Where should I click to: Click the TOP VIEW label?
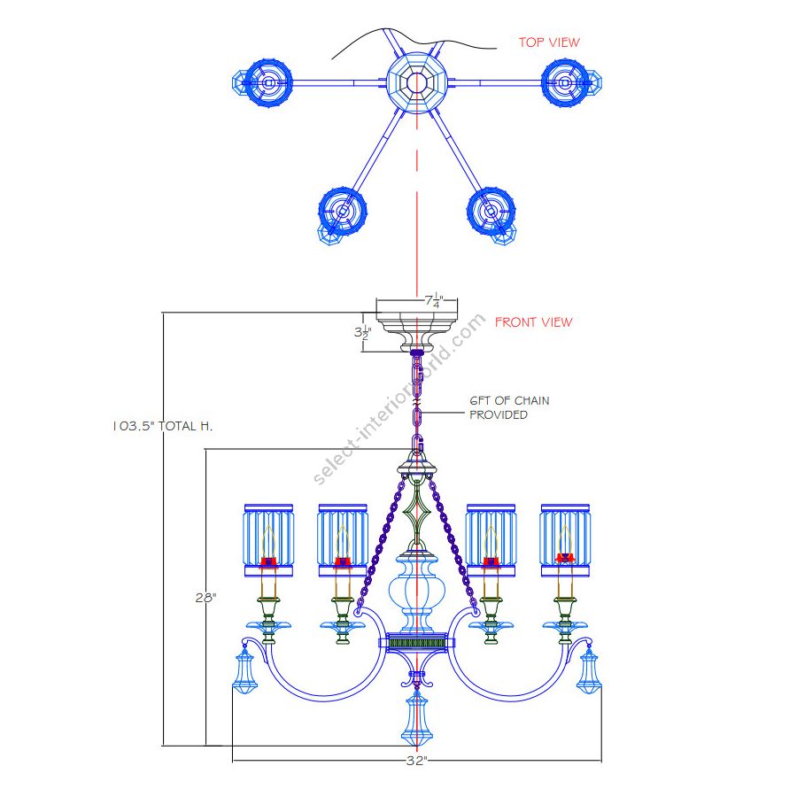coord(549,42)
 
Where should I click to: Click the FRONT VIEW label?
coord(533,322)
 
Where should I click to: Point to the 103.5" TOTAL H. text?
coord(163,426)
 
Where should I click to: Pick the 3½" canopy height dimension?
coord(361,332)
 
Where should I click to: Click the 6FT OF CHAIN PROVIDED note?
coord(508,407)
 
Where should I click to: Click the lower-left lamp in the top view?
coord(342,213)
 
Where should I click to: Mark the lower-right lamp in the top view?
coord(491,213)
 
